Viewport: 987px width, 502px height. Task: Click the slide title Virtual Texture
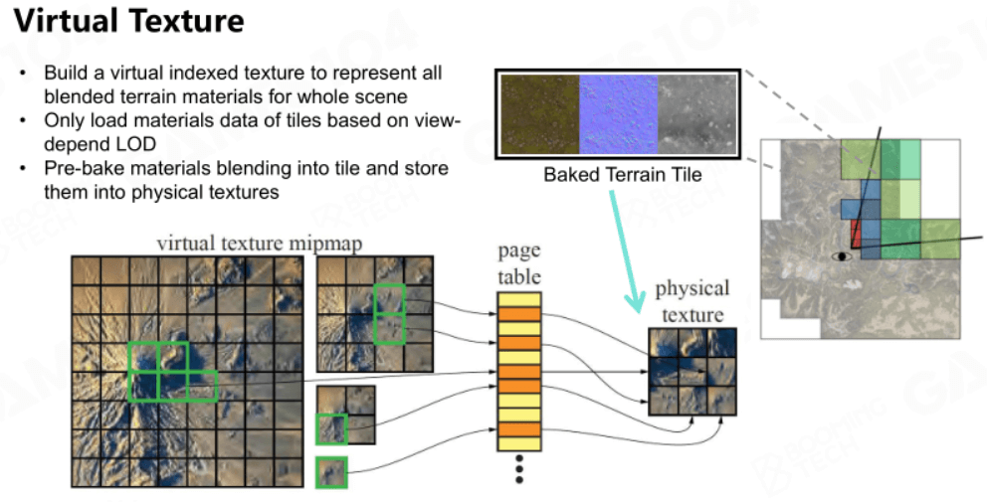(129, 21)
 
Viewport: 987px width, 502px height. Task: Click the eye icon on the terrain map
(841, 256)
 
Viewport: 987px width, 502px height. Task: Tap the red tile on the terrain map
(855, 234)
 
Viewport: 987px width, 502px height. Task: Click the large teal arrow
(627, 251)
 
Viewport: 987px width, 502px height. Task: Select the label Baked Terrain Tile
(623, 174)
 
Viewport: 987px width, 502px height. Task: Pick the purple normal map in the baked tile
(618, 114)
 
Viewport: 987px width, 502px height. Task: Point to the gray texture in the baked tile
(696, 114)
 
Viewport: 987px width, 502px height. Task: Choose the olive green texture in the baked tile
(540, 114)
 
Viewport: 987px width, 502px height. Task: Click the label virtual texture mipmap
(260, 243)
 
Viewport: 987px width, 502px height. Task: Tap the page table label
(519, 263)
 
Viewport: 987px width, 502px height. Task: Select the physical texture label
(691, 301)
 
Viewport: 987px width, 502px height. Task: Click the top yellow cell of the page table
(519, 299)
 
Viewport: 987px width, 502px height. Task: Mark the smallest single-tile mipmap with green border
(331, 472)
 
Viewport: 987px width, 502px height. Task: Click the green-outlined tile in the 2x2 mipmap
(331, 429)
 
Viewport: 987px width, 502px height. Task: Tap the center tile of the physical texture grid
(692, 372)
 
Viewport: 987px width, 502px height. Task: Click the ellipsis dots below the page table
(519, 469)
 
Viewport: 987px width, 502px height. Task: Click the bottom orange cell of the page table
(519, 429)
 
